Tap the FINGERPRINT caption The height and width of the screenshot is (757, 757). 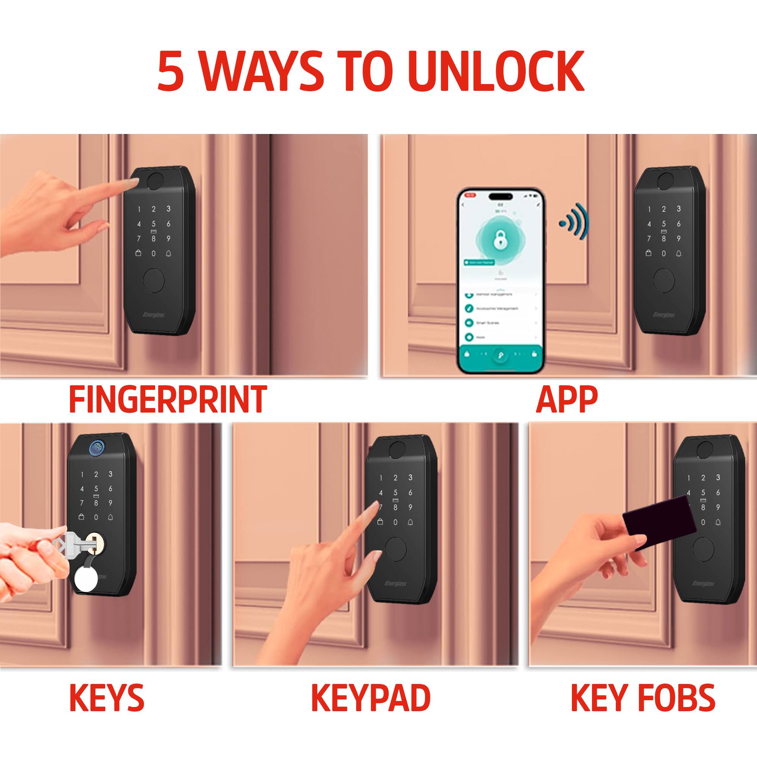coord(168,400)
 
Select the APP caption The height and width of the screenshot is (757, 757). coord(566,400)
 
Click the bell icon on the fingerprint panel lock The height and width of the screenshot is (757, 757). coord(168,253)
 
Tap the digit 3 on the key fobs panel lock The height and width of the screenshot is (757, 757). coord(718,477)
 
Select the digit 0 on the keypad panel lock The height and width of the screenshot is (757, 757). coord(396,522)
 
